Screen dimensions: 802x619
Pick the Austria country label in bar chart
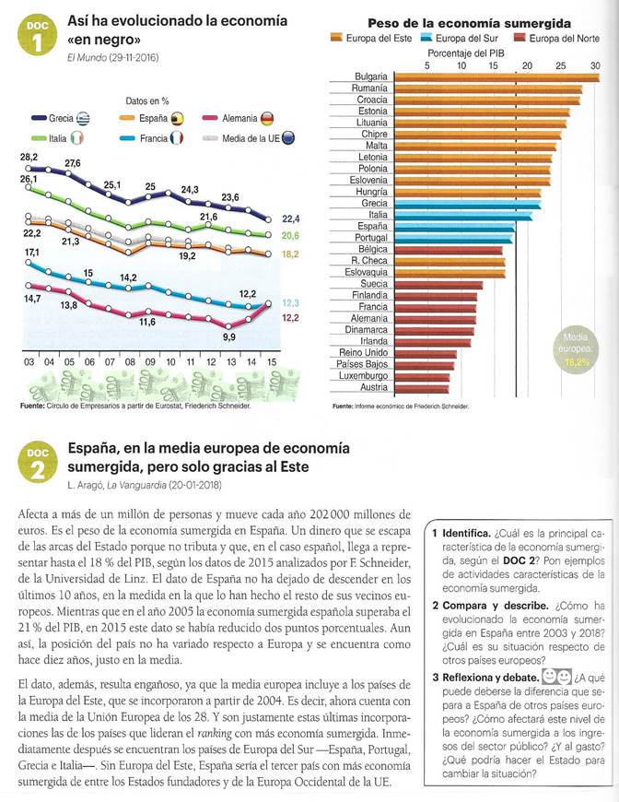(370, 386)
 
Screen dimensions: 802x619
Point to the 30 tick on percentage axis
(594, 66)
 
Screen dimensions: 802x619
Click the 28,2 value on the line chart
(28, 159)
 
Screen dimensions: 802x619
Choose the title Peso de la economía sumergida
(469, 23)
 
